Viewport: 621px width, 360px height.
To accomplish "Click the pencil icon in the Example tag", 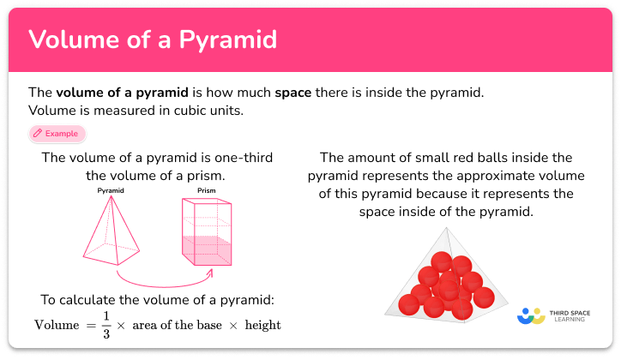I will (x=38, y=134).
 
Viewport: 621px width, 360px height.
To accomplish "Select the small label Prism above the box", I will (x=206, y=190).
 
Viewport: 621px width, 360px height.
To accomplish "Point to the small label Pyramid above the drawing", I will (x=112, y=190).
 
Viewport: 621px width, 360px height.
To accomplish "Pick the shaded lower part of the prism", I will (x=206, y=249).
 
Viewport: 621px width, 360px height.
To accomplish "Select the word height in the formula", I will (x=262, y=326).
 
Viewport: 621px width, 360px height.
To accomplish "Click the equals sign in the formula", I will (x=88, y=326).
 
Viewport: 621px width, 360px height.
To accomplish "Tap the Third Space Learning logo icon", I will (x=531, y=315).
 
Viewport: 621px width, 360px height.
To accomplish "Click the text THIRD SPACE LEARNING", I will (x=569, y=315).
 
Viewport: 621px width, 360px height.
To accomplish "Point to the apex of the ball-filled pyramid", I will (x=446, y=229).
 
